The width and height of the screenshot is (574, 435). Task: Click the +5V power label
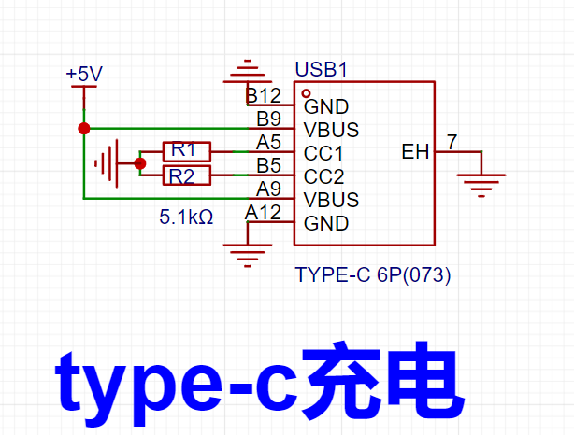pos(84,74)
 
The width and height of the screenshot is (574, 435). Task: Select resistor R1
pos(187,151)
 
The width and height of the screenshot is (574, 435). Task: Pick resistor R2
pos(187,175)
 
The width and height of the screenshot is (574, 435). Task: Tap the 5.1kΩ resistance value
pos(186,217)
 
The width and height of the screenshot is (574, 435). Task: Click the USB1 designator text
pos(321,69)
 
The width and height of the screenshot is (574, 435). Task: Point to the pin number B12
pos(264,96)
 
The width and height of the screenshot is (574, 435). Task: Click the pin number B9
pos(268,119)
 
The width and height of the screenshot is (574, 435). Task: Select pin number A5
pos(268,142)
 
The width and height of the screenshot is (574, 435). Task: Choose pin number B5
pos(268,165)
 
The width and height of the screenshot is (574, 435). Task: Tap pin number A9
pos(268,189)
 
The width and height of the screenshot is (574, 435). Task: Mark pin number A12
pos(263,213)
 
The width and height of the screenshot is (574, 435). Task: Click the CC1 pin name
pos(323,153)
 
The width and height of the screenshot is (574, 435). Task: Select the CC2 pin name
pos(324,177)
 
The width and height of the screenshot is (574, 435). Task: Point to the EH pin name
pos(415,152)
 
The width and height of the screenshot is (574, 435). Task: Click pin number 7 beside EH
pos(452,142)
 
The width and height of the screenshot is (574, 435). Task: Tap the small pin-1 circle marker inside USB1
pos(306,94)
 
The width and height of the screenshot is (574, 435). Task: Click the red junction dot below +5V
pos(84,129)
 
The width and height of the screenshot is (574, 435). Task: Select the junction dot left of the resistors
pos(140,163)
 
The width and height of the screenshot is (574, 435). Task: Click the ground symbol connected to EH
pos(481,186)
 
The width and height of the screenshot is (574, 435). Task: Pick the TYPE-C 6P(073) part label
pos(373,274)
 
